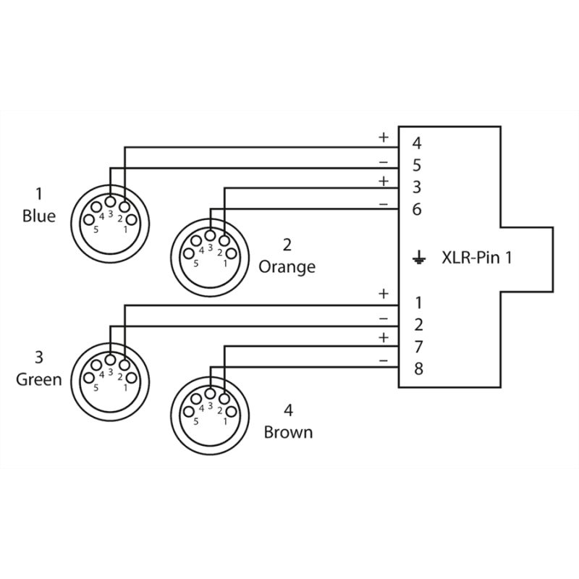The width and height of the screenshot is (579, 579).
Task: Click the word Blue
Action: click(x=39, y=215)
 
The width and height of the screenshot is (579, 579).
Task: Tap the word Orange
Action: click(x=287, y=266)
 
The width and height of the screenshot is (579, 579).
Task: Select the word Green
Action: click(x=39, y=379)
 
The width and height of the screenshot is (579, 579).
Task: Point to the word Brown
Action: click(x=288, y=433)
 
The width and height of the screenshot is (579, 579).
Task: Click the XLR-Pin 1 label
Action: click(x=476, y=257)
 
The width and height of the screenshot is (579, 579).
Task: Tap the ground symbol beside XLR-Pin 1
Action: click(x=417, y=257)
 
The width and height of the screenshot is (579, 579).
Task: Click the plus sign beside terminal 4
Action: click(x=383, y=137)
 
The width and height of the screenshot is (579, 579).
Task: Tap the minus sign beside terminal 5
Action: click(x=383, y=161)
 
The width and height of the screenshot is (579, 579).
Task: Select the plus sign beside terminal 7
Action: click(x=383, y=338)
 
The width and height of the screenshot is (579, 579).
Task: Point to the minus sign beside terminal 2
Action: click(x=383, y=318)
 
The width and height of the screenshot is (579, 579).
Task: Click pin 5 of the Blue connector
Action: click(x=89, y=219)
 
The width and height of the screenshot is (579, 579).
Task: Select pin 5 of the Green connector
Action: click(x=89, y=378)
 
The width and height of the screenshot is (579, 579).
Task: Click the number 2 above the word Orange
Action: click(x=287, y=244)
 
